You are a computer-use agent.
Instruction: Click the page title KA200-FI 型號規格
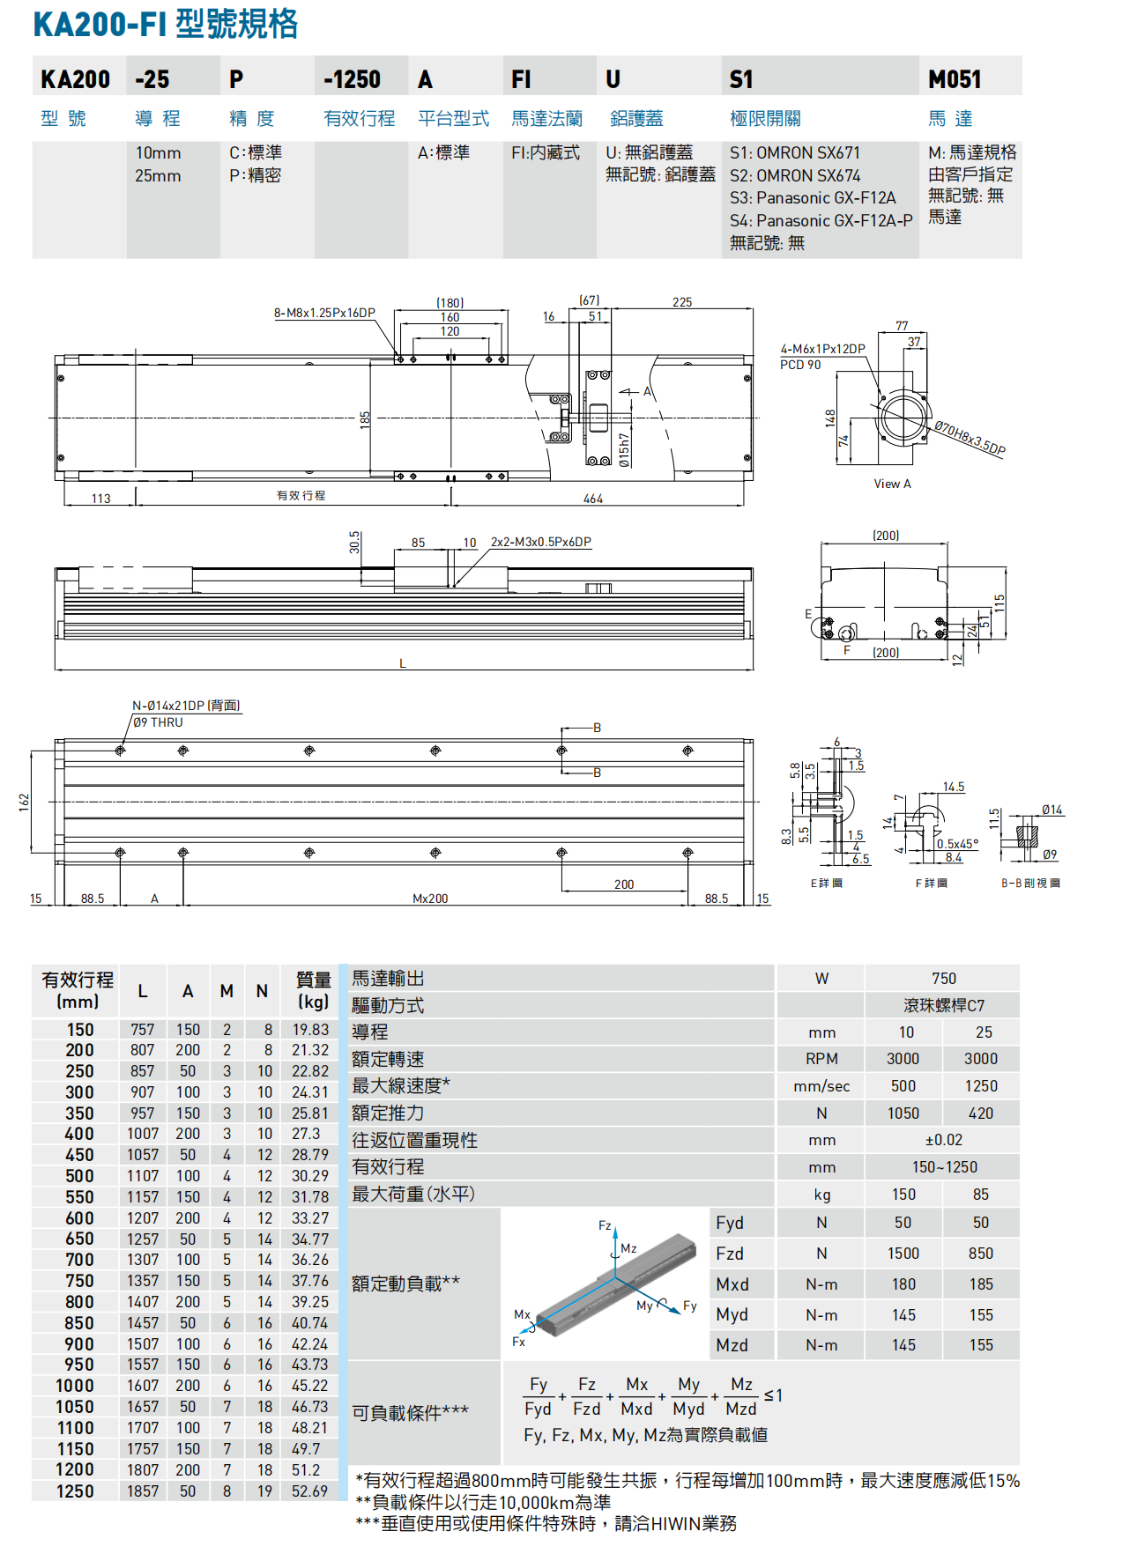click(166, 24)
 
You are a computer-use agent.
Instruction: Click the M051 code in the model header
click(955, 79)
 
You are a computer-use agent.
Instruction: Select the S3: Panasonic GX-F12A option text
click(812, 197)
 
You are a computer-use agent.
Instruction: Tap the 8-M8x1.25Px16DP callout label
click(324, 313)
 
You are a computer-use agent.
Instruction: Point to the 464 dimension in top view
click(593, 499)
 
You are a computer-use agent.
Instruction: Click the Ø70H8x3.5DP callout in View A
click(970, 438)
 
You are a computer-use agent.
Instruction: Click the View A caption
click(892, 484)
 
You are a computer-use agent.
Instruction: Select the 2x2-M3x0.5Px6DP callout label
click(540, 542)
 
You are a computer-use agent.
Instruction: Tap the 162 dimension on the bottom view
click(25, 801)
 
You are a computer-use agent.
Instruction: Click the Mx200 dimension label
click(430, 899)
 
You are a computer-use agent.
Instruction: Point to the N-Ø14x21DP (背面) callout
click(186, 706)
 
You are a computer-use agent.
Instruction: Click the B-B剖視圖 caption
click(1030, 883)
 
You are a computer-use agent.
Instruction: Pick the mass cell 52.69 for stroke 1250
click(309, 1491)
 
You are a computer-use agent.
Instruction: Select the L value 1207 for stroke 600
click(143, 1218)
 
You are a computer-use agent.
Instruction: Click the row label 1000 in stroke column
click(75, 1386)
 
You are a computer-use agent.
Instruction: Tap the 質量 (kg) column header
click(313, 990)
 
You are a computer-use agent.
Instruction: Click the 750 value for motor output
click(943, 979)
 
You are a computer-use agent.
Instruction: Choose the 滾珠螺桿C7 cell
click(943, 1005)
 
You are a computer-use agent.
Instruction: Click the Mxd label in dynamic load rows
click(732, 1284)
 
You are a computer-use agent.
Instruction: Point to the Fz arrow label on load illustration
click(605, 1225)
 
